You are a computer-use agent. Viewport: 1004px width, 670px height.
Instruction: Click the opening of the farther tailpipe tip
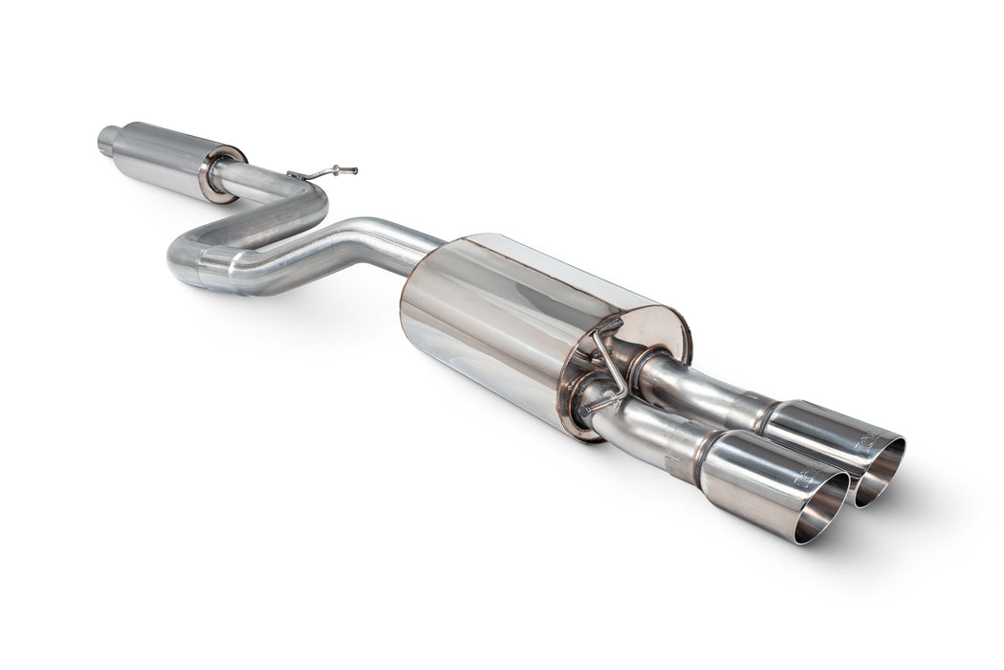[x=880, y=470]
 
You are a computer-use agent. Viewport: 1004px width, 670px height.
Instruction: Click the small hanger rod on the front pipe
[x=330, y=172]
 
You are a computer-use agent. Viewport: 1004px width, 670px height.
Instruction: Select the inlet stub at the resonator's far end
[x=108, y=141]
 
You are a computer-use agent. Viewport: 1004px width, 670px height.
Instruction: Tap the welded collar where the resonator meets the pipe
[x=223, y=173]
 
